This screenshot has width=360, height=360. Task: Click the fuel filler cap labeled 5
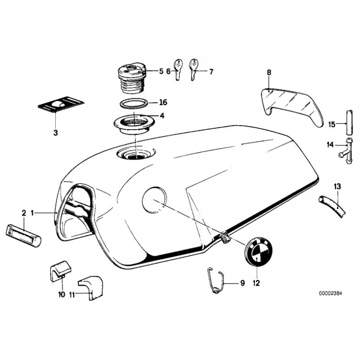(x=131, y=77)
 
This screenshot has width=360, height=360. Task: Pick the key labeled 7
(x=193, y=70)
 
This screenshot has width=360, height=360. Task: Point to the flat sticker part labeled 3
(x=61, y=104)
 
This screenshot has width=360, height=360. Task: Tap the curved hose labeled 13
(x=332, y=206)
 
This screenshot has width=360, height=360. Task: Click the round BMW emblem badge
(x=259, y=252)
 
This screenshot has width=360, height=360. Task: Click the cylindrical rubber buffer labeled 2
(x=23, y=236)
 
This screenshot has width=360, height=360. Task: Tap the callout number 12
(x=256, y=283)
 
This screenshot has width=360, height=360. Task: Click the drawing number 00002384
(x=330, y=293)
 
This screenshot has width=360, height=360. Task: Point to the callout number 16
(x=163, y=102)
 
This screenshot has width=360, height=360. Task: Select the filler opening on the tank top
(x=136, y=153)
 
